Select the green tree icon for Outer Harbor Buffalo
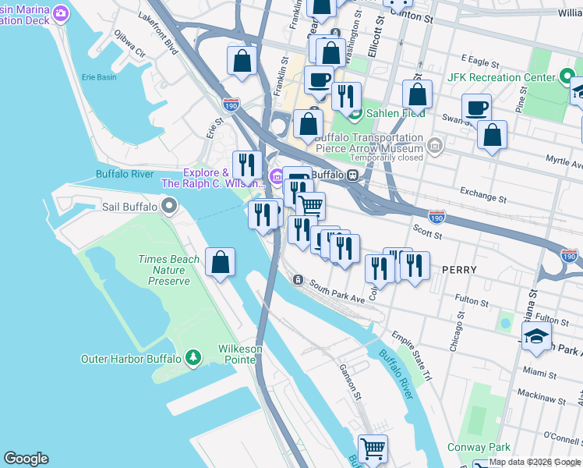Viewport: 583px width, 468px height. [x=193, y=359]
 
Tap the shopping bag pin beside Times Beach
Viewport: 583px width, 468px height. [x=221, y=263]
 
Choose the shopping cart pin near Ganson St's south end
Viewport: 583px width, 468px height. [x=373, y=448]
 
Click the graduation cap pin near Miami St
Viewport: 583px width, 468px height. [x=536, y=337]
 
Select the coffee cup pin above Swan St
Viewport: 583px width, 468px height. [x=476, y=108]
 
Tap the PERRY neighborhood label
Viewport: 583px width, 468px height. [x=458, y=269]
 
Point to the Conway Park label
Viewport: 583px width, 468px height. [x=479, y=447]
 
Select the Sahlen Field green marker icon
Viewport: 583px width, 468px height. [x=355, y=114]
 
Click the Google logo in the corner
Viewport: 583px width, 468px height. [x=26, y=459]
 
